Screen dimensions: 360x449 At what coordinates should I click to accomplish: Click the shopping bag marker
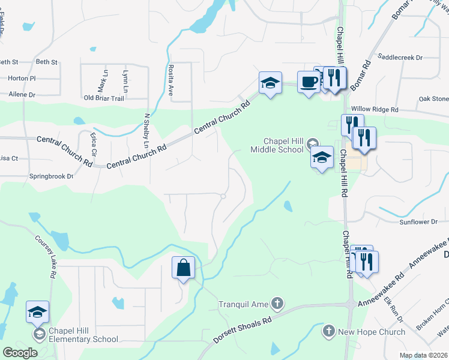184,268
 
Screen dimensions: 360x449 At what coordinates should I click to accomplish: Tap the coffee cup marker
309,82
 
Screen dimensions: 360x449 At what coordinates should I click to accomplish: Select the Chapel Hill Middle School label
277,145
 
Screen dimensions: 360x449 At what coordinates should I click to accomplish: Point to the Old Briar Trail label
104,98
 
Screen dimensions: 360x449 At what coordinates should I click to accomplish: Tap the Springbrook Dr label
51,176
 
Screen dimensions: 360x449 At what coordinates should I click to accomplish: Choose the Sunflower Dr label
419,222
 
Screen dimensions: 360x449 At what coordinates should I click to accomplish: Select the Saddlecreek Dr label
400,58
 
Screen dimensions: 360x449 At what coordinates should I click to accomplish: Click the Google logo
20,352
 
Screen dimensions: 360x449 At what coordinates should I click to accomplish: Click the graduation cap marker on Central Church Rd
270,83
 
